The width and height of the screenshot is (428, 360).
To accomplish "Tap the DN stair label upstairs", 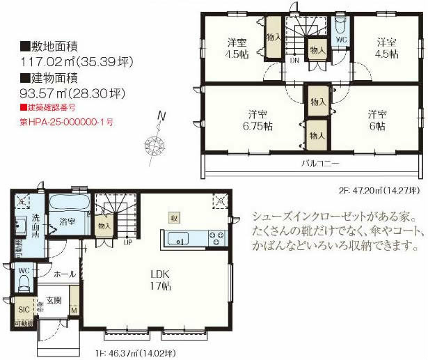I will click(295, 60).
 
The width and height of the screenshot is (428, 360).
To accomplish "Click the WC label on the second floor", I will click(341, 40).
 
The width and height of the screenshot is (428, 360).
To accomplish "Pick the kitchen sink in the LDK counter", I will click(179, 241).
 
